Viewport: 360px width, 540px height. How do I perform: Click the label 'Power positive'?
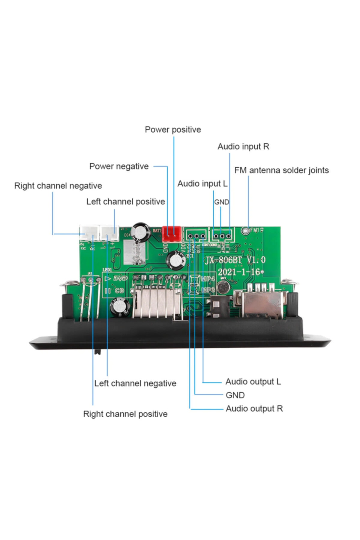tap(173, 130)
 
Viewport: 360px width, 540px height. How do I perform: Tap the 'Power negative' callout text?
tap(119, 166)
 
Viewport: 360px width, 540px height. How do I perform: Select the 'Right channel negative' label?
tap(58, 186)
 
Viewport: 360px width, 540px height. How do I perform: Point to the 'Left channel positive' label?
tap(125, 202)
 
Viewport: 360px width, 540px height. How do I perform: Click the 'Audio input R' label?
tap(243, 146)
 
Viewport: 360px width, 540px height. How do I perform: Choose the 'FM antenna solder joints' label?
tap(281, 170)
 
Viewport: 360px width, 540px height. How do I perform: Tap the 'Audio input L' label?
tap(202, 184)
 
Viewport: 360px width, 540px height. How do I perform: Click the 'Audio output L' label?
tap(253, 382)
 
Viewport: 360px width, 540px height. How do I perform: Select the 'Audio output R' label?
tap(254, 409)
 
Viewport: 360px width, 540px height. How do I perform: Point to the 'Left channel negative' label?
tap(135, 383)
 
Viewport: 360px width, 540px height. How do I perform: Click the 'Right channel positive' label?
tap(125, 414)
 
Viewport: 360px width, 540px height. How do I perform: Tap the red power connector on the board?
tap(171, 234)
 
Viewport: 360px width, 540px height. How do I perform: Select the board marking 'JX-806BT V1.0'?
tap(235, 260)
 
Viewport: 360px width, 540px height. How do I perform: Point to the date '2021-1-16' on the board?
tap(239, 272)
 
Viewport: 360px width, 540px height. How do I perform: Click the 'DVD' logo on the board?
tap(120, 279)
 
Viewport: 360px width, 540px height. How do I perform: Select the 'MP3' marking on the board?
tap(208, 290)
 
